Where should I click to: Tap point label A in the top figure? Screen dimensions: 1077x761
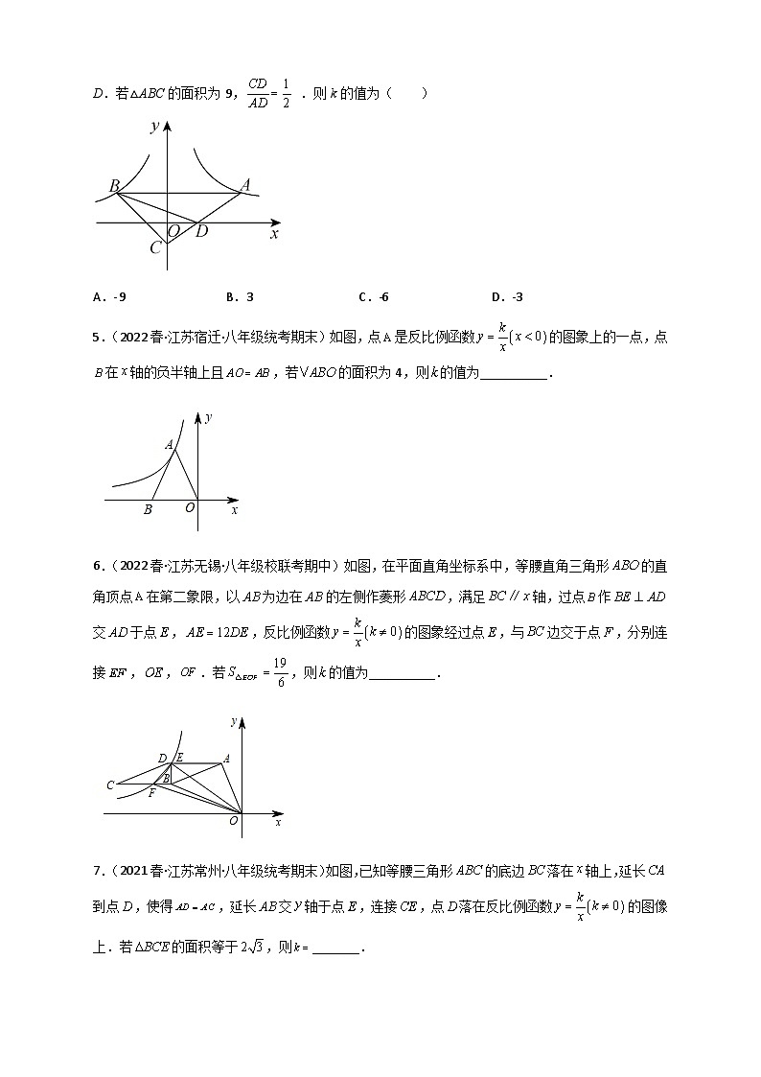(245, 184)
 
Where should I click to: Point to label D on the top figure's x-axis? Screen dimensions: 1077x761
(201, 231)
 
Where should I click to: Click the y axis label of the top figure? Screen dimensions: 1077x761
(153, 127)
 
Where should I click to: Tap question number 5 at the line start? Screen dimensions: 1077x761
(97, 338)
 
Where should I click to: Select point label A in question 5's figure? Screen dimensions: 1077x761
(169, 444)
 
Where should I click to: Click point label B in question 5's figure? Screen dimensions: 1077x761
(148, 510)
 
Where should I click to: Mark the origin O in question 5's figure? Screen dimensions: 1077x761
(190, 509)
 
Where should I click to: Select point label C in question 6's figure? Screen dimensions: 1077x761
(111, 786)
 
